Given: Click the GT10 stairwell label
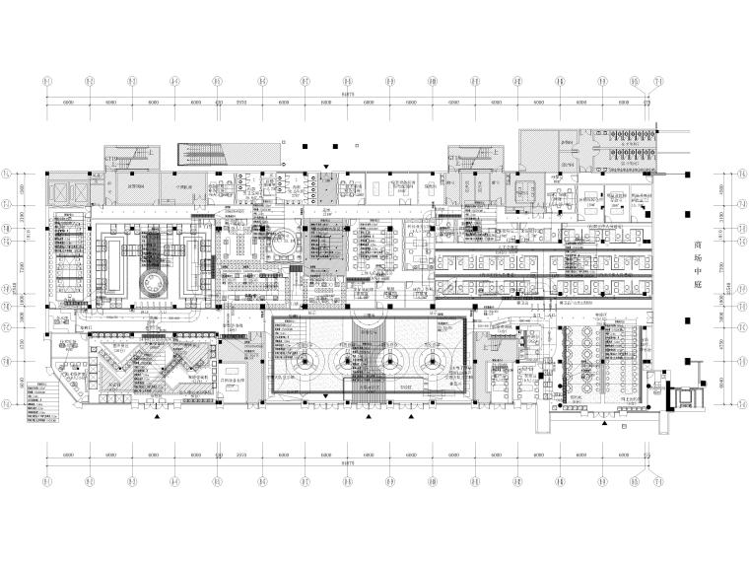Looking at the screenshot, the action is click(x=111, y=158).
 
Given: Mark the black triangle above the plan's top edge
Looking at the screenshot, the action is click(x=326, y=145).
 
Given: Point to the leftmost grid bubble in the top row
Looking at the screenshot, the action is click(x=47, y=81).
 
